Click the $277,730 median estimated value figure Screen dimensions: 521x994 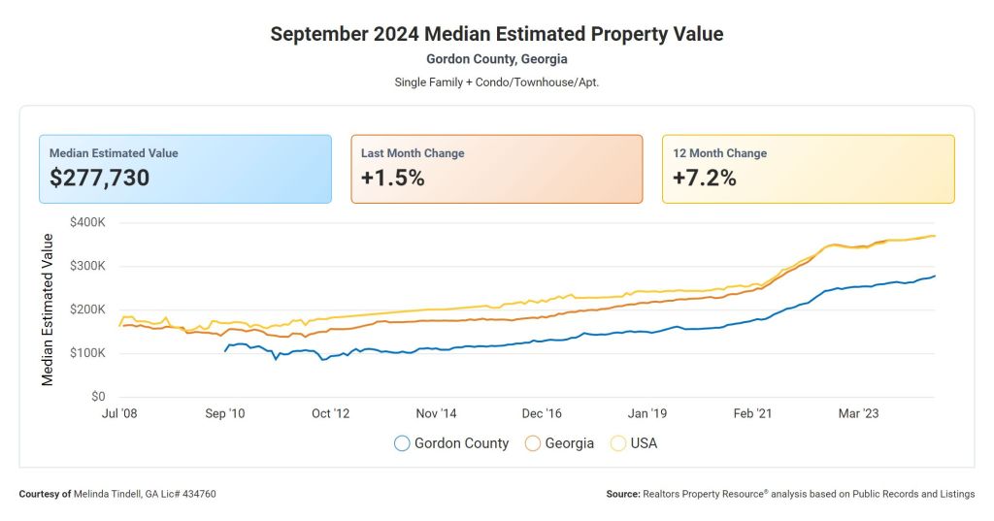pos(99,178)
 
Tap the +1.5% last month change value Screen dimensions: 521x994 pos(392,178)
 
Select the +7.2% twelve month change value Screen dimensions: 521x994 pos(704,178)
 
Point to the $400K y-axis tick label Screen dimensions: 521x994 pos(87,222)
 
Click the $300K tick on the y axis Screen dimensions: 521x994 pos(87,266)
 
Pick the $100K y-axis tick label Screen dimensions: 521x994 pos(87,353)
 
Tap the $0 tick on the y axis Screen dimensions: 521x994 pos(97,397)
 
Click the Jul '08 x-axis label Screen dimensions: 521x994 pos(119,413)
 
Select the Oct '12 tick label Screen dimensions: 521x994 pos(330,413)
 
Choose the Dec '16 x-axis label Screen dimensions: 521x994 pos(541,413)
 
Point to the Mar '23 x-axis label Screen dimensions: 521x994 pos(858,413)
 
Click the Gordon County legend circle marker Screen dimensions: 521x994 pos(402,443)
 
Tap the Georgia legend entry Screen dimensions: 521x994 pos(559,443)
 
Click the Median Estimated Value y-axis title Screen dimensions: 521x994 pos(48,309)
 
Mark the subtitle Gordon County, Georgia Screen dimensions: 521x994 pos(497,59)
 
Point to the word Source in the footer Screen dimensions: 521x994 pos(622,494)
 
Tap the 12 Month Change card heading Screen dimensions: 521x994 pos(719,153)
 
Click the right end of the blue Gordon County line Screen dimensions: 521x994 pos(935,277)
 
